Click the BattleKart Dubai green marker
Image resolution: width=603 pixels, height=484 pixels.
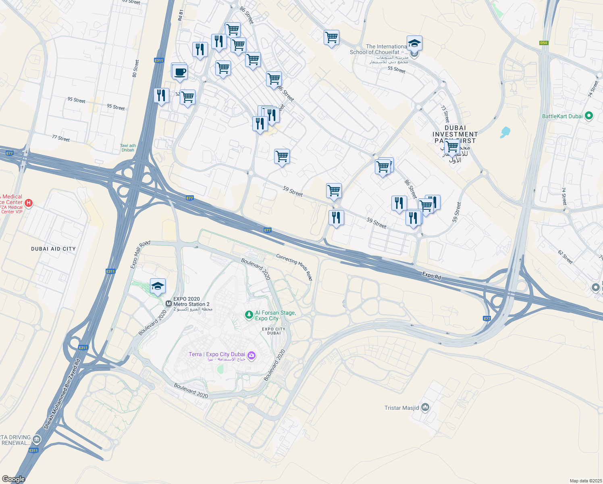pos(588,116)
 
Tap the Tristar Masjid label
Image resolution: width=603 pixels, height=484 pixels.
pos(401,408)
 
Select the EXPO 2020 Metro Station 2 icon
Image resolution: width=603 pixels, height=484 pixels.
pos(168,303)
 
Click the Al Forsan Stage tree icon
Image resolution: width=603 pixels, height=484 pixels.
pos(249,315)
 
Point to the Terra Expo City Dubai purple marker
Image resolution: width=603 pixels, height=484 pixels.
pos(252,355)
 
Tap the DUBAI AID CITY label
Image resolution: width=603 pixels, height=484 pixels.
pos(53,249)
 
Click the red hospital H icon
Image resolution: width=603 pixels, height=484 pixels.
pos(29,203)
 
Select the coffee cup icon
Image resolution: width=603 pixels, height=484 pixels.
pos(180,72)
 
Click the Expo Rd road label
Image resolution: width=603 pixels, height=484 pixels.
pos(431,275)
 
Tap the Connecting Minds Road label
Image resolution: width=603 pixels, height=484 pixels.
pos(294,267)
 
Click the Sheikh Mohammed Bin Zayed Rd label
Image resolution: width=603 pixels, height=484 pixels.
pos(62,394)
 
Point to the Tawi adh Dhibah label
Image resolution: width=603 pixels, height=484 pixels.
pos(128,148)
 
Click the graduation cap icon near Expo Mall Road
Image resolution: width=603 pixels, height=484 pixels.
pos(158,286)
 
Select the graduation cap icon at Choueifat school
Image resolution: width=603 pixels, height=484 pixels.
pos(414,43)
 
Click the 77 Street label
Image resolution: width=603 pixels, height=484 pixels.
pos(61,138)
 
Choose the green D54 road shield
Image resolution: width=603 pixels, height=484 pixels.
pos(543,43)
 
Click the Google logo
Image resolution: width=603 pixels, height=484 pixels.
pos(13,479)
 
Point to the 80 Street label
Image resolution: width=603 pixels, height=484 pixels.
pos(136,68)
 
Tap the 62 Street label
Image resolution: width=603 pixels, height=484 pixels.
pos(565,257)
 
